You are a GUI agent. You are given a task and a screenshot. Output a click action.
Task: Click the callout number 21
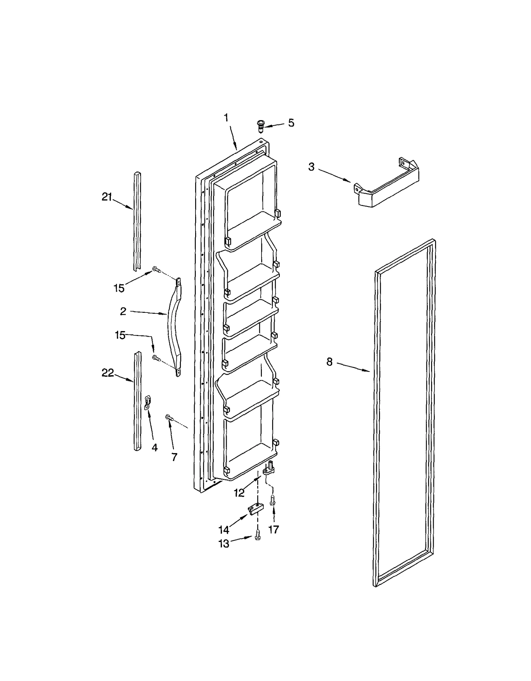click(x=107, y=197)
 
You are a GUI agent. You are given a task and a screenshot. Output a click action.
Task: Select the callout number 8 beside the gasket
click(x=329, y=362)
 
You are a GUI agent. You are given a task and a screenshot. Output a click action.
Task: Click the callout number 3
click(x=311, y=167)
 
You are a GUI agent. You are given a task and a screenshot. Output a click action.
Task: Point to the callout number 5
click(x=291, y=123)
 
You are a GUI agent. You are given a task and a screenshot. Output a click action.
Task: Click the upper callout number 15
click(x=119, y=288)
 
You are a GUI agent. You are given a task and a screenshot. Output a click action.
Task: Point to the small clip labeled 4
click(x=147, y=402)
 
